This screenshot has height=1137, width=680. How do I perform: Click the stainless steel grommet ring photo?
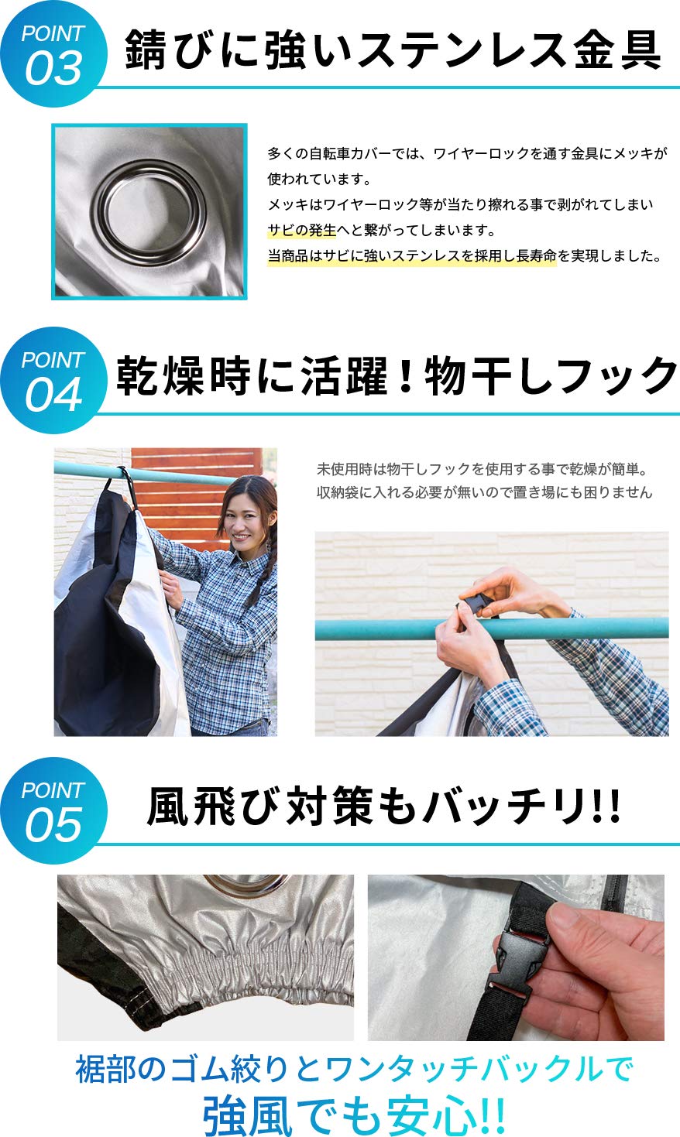149,211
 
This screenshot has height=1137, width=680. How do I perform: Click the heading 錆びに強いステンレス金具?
393,51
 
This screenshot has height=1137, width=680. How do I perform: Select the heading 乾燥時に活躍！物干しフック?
397,377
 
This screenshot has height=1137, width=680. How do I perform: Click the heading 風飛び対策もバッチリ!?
383,807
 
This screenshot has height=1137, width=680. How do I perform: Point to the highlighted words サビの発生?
302,230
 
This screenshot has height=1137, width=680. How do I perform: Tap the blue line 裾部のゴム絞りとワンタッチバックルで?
354,1069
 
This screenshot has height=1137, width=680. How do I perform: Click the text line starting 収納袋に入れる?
484,492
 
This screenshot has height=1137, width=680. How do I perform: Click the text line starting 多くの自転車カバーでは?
467,153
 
